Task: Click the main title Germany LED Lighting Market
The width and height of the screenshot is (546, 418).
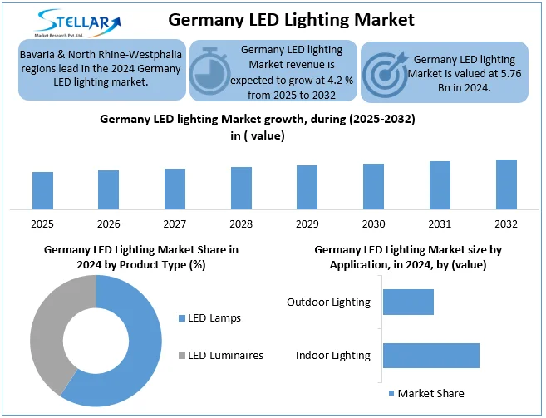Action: point(291,18)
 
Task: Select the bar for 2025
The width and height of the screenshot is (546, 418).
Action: point(43,191)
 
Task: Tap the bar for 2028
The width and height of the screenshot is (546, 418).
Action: point(241,189)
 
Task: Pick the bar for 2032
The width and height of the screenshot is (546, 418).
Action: point(506,184)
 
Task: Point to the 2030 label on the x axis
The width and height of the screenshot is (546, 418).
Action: point(373,224)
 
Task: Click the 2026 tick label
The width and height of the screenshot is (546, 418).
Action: point(109,224)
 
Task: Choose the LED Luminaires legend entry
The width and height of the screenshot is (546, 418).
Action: point(220,356)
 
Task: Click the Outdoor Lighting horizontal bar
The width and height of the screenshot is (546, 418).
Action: point(408,302)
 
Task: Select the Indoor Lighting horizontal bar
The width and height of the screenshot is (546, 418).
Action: point(430,355)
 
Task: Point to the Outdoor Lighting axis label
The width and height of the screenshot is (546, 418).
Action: point(328,302)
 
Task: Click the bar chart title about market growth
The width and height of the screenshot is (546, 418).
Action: point(257,127)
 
